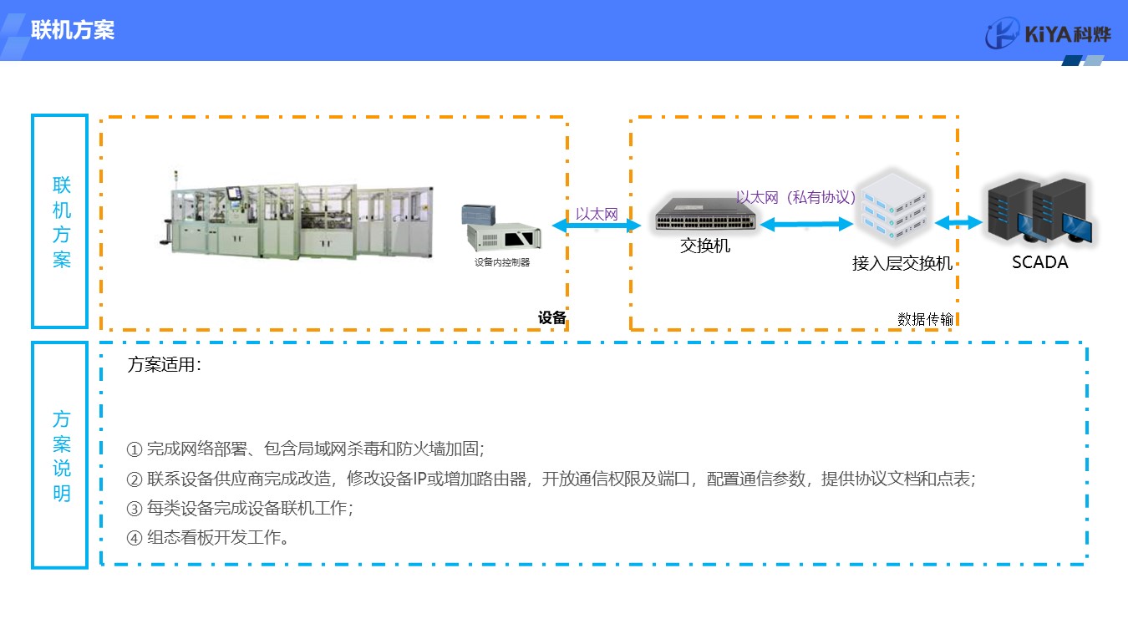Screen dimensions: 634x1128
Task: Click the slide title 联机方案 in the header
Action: [73, 31]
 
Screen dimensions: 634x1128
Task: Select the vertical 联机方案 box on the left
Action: [60, 221]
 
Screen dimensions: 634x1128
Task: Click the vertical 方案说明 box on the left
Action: [60, 455]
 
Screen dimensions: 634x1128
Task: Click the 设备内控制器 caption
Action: [502, 262]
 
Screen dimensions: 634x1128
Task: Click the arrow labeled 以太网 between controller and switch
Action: [596, 226]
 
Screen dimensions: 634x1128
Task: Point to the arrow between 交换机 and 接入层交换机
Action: [806, 224]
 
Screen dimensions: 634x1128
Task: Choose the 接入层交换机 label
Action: [902, 263]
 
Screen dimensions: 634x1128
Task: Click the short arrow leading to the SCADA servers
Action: [958, 222]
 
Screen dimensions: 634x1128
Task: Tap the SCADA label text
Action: [1039, 262]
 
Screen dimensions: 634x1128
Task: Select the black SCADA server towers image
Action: [1040, 211]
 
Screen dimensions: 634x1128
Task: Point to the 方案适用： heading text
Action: [165, 365]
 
